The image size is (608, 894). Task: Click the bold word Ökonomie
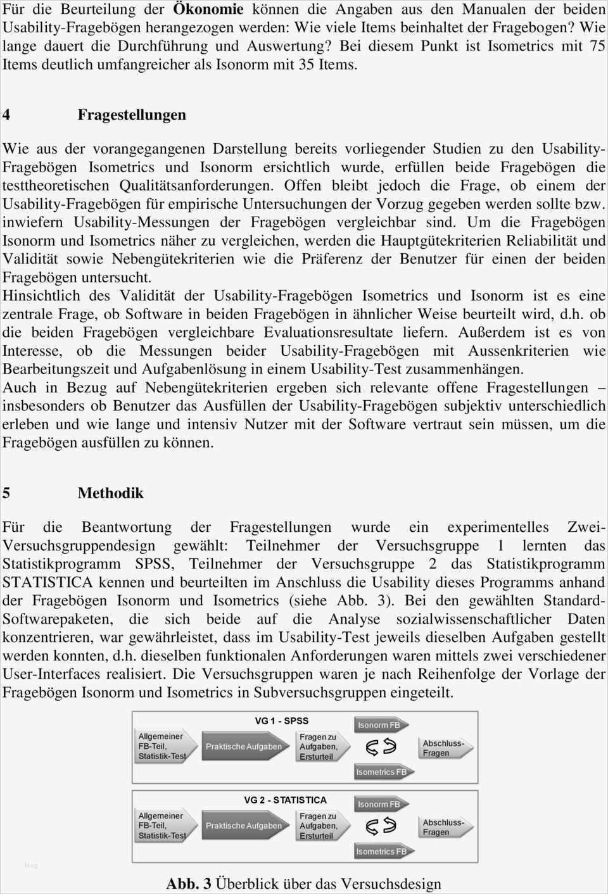coord(208,9)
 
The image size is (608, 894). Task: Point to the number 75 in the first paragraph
coord(597,46)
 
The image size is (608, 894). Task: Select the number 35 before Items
coord(307,65)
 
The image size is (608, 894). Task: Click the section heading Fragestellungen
coord(132,115)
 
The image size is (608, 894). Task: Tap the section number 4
coord(6,115)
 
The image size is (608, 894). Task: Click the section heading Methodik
coord(111,493)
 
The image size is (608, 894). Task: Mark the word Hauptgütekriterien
coord(441,241)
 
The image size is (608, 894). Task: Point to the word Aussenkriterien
coord(518,351)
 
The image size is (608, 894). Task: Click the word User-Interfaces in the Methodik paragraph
coord(51,674)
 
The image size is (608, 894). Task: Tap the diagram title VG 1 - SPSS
coord(282,721)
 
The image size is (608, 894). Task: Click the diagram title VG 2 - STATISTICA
coord(285,800)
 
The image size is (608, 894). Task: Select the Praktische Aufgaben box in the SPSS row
coord(244,746)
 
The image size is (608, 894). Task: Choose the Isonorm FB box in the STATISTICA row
coord(379,804)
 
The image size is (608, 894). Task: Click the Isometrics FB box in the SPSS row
coord(381,772)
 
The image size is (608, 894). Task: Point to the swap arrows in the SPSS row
coord(381,748)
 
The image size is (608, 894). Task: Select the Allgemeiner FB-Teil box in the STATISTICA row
coord(163,826)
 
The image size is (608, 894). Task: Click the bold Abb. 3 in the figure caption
coord(189,884)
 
